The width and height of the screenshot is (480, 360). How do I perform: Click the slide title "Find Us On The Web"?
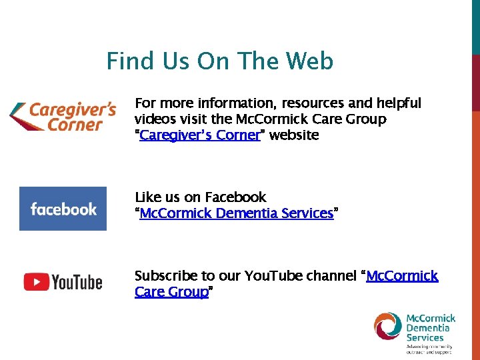click(x=220, y=61)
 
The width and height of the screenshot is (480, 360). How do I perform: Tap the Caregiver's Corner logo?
click(x=63, y=116)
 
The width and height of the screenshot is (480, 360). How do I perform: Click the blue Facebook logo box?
click(x=63, y=209)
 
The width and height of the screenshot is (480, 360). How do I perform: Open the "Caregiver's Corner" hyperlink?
click(x=199, y=135)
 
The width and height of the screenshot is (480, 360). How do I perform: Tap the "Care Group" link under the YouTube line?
click(x=171, y=292)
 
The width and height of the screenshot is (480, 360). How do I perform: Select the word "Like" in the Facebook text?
click(x=147, y=197)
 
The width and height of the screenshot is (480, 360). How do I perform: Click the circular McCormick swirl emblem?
click(x=388, y=326)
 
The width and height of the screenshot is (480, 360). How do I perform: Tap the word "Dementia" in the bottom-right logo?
click(x=427, y=328)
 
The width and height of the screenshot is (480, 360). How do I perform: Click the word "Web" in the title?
click(x=309, y=61)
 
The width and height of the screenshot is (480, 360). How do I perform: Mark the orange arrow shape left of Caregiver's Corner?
click(x=19, y=117)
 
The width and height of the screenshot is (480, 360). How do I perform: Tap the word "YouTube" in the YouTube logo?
click(x=77, y=283)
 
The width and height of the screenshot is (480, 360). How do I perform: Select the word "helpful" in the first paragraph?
click(x=398, y=103)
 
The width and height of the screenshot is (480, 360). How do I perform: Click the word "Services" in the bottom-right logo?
click(x=425, y=337)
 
